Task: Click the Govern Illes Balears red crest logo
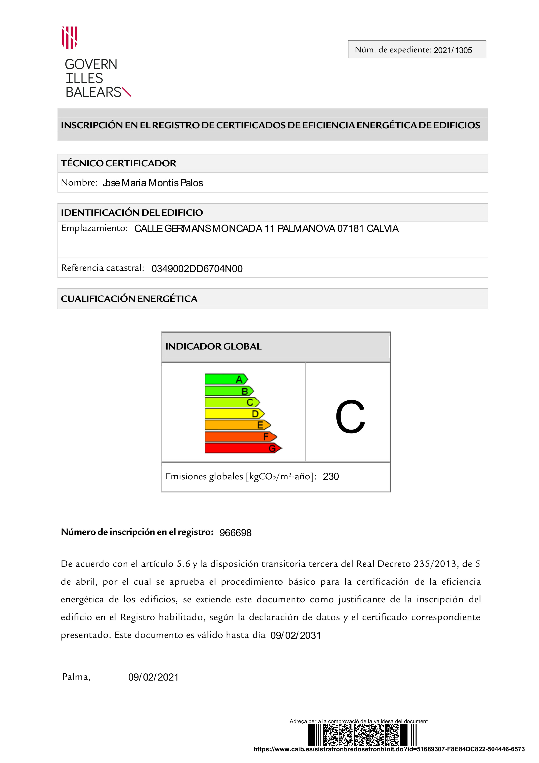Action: (x=69, y=38)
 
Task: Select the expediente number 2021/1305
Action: (x=453, y=50)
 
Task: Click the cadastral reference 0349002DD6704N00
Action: (x=197, y=269)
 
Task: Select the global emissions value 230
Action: (x=331, y=477)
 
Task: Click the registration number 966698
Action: (x=235, y=533)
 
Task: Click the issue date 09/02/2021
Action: (x=153, y=677)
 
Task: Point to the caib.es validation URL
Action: (x=389, y=749)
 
